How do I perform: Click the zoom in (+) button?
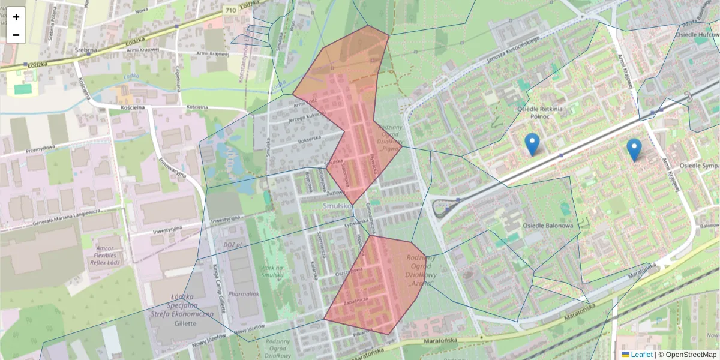16,16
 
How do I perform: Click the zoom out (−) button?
16,35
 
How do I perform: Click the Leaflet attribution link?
641,355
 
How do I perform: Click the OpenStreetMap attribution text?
691,355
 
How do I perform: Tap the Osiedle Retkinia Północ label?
540,113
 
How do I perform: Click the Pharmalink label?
243,294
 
